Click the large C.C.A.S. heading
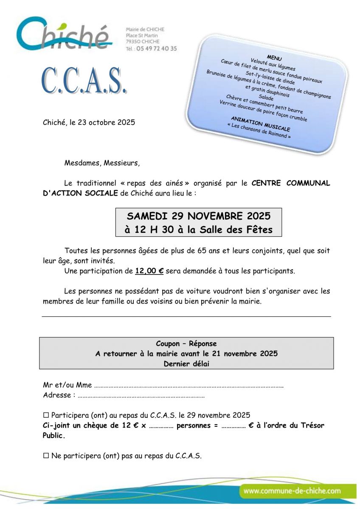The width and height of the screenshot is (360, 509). (84, 80)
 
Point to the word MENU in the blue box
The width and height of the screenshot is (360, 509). (274, 58)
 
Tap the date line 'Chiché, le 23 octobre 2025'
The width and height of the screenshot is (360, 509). (89, 123)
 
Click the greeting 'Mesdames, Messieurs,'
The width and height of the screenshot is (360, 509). (102, 162)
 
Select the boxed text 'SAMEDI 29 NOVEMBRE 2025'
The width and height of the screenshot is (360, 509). (199, 216)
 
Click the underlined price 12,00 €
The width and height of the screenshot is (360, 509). (149, 271)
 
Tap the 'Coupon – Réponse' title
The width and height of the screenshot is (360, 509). (186, 344)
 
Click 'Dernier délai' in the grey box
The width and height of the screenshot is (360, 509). (186, 364)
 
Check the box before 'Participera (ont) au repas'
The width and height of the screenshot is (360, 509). (46, 415)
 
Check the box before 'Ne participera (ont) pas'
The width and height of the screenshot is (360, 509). (46, 456)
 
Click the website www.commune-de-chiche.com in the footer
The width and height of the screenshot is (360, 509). (292, 491)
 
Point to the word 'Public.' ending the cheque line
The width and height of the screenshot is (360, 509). (54, 436)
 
